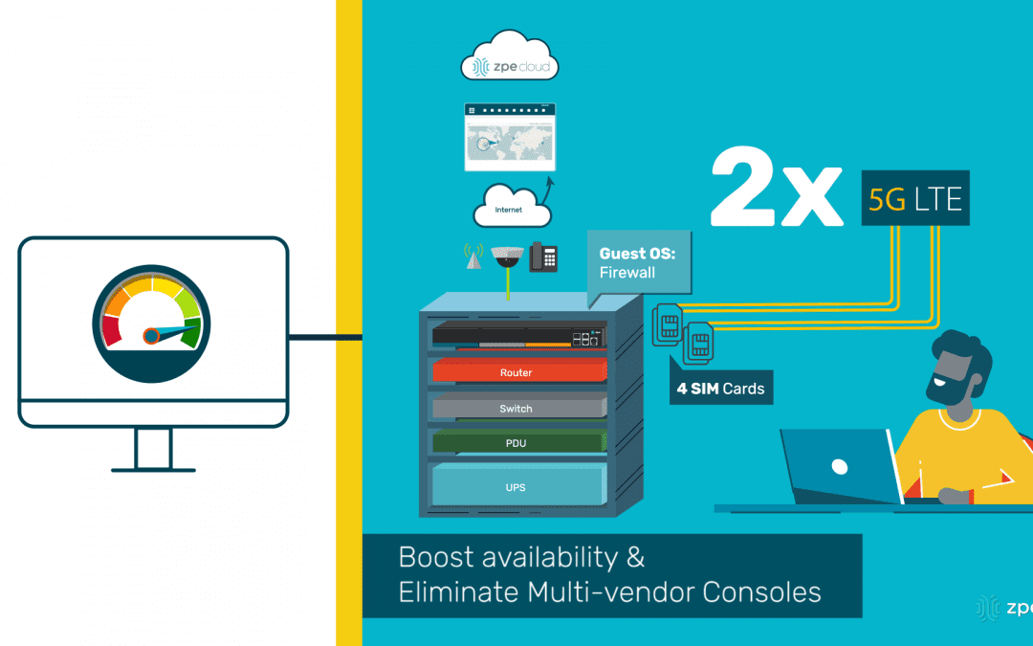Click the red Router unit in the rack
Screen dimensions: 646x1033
pos(517,371)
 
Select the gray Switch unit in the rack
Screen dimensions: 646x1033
pos(517,408)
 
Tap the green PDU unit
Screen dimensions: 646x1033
pos(517,443)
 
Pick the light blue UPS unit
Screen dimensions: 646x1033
pos(517,487)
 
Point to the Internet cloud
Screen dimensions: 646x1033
pos(511,207)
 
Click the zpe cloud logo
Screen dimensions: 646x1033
pos(510,64)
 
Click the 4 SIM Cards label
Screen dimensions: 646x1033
pos(722,389)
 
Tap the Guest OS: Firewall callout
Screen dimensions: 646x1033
pos(639,263)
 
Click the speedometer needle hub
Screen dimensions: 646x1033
pos(150,336)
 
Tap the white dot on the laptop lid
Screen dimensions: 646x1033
pos(839,467)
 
